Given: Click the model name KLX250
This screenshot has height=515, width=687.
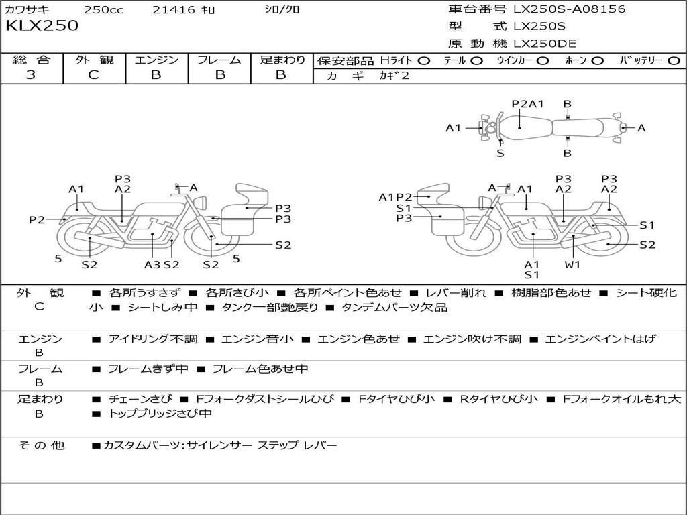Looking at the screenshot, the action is point(42,25).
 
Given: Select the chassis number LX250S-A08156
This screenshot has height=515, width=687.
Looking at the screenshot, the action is point(569,9).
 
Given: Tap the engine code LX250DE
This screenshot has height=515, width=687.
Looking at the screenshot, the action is point(545,44).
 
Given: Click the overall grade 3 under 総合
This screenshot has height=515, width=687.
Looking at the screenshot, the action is point(31,74).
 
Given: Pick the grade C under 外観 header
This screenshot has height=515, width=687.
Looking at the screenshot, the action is point(93,74).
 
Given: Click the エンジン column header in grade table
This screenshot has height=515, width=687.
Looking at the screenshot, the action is point(156,60).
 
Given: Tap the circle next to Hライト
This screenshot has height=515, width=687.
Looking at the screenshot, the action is point(423,61).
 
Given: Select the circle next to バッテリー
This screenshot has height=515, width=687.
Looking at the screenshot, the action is point(674,61).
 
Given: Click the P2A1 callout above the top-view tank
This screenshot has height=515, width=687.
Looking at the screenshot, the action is point(527,104).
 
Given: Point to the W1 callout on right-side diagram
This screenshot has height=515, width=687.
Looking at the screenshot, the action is point(572,264).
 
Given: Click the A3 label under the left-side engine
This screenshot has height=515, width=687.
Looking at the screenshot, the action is point(152,264).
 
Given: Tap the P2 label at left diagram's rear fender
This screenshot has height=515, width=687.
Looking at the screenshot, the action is point(38,219).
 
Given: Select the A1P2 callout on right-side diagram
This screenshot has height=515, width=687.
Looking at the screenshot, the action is point(395,198).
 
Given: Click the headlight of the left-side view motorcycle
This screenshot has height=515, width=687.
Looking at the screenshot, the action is point(201,203).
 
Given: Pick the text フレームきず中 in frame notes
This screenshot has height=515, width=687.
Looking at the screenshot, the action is point(148,369).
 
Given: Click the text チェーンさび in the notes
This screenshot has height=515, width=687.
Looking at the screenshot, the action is point(140,399).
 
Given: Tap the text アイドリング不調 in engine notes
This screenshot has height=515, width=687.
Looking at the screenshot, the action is point(153,339).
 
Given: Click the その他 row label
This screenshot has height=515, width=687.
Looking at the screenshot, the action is point(42,445).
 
